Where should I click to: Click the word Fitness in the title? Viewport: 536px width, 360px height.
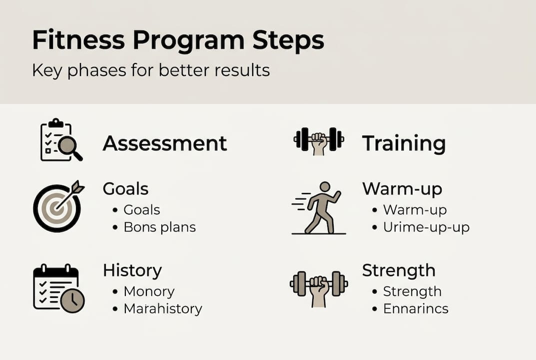(78, 40)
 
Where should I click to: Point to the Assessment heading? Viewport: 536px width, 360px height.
(165, 143)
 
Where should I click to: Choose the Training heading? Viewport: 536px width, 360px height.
(404, 143)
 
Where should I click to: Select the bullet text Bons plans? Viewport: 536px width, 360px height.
(160, 227)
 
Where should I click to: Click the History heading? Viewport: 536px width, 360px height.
(132, 270)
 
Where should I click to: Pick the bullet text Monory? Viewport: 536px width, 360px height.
(149, 291)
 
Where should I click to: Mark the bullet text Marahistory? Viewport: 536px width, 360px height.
(163, 308)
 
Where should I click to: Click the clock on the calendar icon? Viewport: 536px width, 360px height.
(72, 300)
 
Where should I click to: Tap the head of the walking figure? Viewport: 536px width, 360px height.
(325, 187)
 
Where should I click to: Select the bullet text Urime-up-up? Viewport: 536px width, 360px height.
(426, 227)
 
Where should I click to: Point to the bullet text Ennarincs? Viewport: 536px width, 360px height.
(416, 308)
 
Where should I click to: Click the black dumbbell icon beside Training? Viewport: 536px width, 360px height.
(319, 141)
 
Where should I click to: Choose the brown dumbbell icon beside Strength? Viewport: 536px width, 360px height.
(319, 288)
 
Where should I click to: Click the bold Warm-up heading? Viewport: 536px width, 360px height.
(402, 189)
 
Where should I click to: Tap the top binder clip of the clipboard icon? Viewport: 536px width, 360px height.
(56, 122)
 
